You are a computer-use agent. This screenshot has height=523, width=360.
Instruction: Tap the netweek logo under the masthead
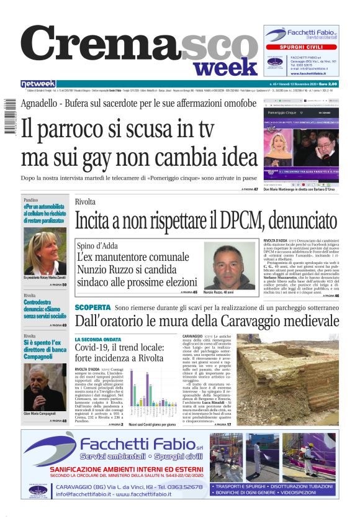pos(38,84)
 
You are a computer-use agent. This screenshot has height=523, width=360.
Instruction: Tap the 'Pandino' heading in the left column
pos(31,201)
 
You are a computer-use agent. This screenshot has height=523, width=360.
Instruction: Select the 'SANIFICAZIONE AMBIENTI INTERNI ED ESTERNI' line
pos(118,470)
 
